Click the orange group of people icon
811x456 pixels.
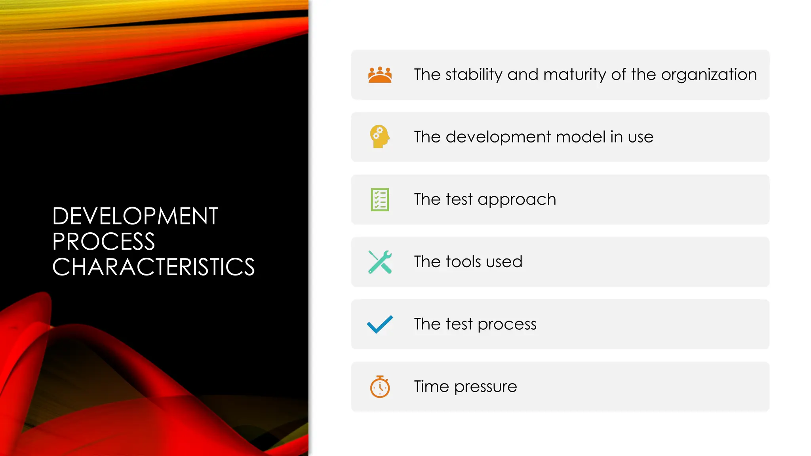[x=380, y=75]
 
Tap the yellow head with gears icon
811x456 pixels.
[x=380, y=137]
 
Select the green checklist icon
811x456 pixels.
[x=380, y=199]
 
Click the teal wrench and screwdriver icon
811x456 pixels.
[x=380, y=262]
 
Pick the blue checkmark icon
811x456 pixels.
[x=380, y=324]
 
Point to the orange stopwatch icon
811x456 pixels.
[x=380, y=387]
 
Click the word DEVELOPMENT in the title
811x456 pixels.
[x=135, y=216]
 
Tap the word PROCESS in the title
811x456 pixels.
[x=103, y=241]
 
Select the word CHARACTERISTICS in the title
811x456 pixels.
[x=153, y=267]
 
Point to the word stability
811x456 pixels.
[x=474, y=75]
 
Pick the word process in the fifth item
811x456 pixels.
[x=507, y=325]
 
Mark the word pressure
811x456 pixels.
[x=485, y=387]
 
